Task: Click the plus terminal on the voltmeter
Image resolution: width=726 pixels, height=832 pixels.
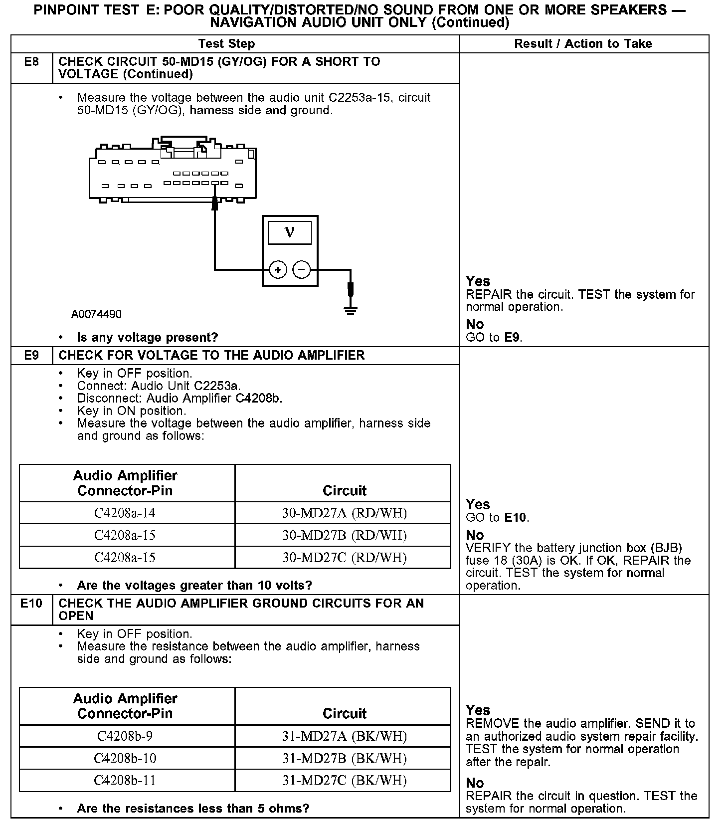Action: (278, 270)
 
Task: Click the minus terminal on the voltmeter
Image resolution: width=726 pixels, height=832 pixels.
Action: (301, 270)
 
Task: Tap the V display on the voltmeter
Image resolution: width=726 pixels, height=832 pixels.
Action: (290, 232)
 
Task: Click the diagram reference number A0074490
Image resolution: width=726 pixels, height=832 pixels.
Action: (96, 314)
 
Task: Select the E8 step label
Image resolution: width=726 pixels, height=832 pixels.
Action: (31, 62)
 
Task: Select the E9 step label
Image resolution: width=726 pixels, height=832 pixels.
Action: (31, 355)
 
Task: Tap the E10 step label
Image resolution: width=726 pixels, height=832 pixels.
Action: (31, 603)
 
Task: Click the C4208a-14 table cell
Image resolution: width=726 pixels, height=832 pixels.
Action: (125, 513)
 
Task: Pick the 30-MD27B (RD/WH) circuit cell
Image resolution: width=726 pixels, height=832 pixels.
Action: (345, 535)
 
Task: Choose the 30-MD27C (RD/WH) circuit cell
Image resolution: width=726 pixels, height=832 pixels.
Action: (345, 557)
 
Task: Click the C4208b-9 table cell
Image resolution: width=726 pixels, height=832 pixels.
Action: (125, 736)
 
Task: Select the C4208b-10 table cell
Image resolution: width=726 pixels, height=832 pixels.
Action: (125, 758)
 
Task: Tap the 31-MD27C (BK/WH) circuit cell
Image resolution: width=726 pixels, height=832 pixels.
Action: (345, 780)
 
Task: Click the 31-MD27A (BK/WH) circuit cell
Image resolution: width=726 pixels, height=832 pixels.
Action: (345, 736)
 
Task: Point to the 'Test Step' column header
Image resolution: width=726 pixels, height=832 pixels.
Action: (226, 44)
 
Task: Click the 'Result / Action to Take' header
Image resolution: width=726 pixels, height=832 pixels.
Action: (583, 44)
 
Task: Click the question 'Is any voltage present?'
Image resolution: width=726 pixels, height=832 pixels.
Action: (148, 338)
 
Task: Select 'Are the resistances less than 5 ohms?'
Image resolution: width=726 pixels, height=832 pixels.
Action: (193, 808)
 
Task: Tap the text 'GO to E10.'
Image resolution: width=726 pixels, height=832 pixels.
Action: (497, 517)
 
